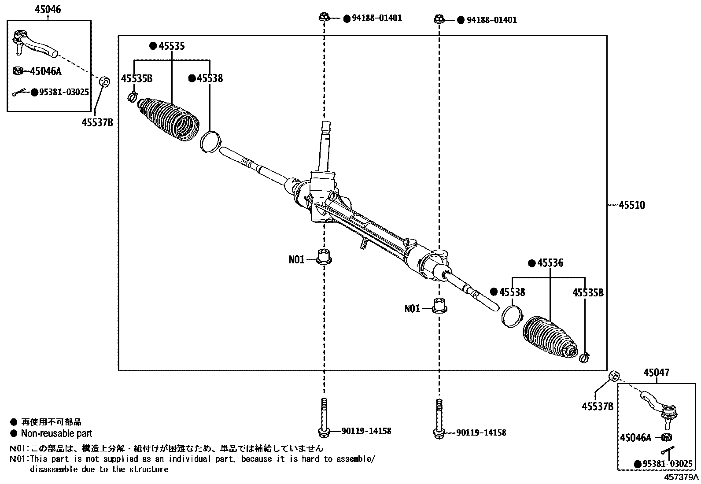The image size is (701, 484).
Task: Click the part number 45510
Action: [x=632, y=205]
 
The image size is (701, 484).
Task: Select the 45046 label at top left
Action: [x=48, y=10]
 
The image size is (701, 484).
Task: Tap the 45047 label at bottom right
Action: [x=656, y=373]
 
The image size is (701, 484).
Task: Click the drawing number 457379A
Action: [x=681, y=477]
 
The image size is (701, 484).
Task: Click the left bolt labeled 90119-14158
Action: [x=324, y=418]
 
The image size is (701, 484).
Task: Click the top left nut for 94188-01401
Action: [x=323, y=18]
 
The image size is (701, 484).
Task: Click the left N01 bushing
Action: [x=325, y=256]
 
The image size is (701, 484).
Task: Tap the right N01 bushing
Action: [x=439, y=305]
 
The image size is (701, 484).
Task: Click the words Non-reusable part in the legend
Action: [x=56, y=433]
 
